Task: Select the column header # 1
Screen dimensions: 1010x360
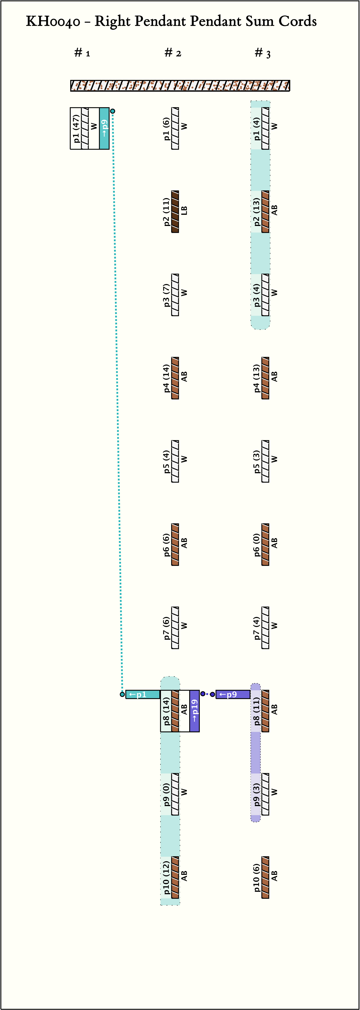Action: [x=82, y=53]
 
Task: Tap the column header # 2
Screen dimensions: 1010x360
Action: [x=173, y=53]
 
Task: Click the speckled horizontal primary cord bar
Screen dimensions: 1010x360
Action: [x=180, y=86]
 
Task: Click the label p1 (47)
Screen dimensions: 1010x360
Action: [x=76, y=128]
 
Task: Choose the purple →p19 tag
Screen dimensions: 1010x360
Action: [x=194, y=711]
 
